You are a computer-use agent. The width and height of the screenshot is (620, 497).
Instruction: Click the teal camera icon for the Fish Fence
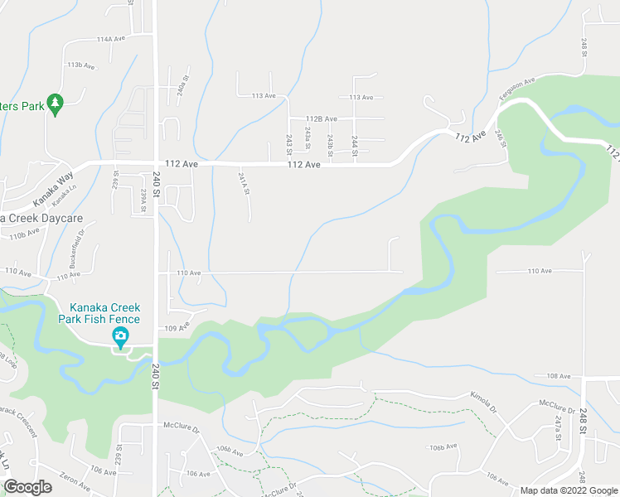tap(120, 336)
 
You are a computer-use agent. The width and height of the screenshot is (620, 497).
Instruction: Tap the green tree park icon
tap(56, 103)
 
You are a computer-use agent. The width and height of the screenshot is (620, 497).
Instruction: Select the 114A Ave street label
tap(110, 39)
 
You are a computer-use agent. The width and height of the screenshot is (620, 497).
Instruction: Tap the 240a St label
tap(183, 87)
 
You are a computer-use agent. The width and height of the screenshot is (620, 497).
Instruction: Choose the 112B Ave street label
tap(321, 118)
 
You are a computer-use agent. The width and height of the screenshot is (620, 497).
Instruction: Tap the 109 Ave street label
tap(178, 327)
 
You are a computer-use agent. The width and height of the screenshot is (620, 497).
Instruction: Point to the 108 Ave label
tap(559, 376)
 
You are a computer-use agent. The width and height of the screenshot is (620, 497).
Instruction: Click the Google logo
tap(27, 487)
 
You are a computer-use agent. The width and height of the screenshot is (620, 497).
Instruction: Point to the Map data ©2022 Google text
tap(568, 490)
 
